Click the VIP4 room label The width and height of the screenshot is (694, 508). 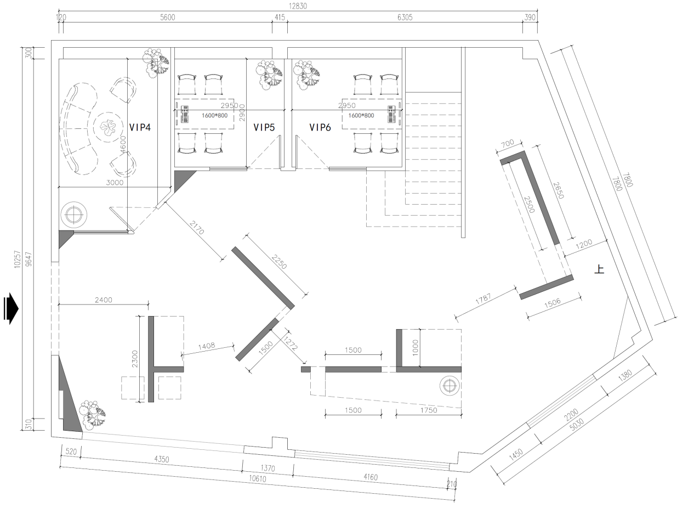coord(140,127)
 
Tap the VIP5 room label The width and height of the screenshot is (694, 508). coord(264,127)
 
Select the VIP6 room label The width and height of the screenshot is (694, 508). coord(320,127)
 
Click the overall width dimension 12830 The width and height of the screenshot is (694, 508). coord(298,6)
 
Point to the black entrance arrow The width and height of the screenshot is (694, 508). coord(11,308)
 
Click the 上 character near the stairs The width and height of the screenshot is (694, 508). coord(599,269)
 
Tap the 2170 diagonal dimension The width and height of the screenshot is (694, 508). coord(197,228)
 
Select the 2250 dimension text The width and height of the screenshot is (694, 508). coord(279,262)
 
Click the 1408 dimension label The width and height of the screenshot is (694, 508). coord(207,346)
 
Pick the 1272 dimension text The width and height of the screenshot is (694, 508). coord(291,343)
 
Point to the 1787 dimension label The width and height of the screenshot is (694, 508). coord(483,299)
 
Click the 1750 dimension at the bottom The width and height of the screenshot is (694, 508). coord(429,410)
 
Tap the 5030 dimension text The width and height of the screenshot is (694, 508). coord(577,424)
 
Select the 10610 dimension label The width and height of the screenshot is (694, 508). coord(258,479)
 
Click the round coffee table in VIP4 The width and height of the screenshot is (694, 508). coord(109,127)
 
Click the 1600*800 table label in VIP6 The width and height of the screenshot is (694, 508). coord(361,115)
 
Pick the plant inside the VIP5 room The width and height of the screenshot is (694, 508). coord(269,74)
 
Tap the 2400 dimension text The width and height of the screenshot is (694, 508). coord(104,300)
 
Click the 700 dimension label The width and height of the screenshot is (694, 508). coord(508,144)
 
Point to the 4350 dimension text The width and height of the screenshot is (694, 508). coord(162,459)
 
